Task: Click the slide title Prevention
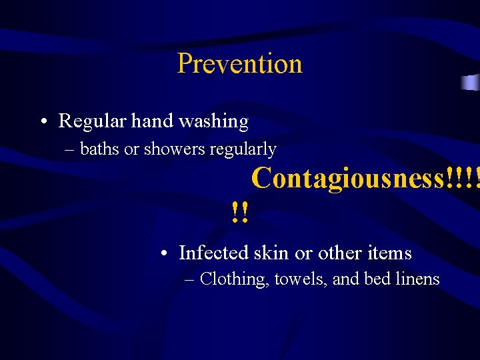240,64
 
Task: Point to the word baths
99,149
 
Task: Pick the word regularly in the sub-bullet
243,150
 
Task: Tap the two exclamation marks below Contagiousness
240,213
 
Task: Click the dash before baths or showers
70,150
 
